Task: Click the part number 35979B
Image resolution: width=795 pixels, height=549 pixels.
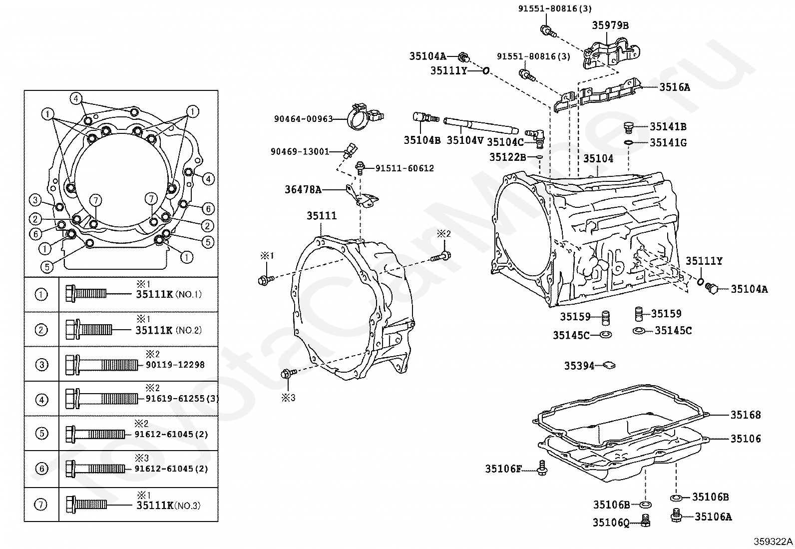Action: tap(610, 25)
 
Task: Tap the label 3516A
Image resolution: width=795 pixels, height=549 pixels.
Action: tap(675, 87)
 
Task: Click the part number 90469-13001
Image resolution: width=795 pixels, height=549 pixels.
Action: tap(300, 152)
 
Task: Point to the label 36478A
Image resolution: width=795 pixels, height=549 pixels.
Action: tap(303, 190)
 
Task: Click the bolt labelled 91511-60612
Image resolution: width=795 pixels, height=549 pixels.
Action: tap(361, 168)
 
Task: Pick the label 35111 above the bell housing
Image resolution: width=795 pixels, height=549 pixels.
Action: tap(322, 215)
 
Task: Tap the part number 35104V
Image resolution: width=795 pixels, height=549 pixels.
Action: tap(465, 140)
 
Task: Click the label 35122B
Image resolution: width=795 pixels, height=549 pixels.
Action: tap(508, 157)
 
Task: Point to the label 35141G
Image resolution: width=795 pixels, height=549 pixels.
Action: tap(668, 143)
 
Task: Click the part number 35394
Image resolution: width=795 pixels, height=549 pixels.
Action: tap(579, 366)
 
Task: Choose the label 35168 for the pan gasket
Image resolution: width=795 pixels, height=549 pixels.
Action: tap(745, 415)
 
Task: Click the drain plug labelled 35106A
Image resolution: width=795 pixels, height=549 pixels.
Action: tap(677, 515)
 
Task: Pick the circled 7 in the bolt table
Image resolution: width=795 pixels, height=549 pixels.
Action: tap(41, 504)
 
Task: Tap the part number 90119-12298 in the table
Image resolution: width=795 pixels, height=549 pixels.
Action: tap(175, 365)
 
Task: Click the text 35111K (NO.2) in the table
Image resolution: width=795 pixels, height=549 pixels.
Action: tap(169, 330)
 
